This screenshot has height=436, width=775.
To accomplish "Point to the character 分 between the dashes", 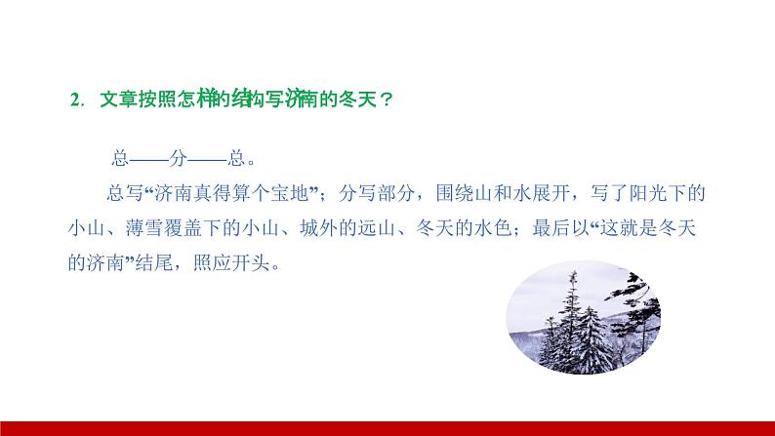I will pyautogui.click(x=182, y=158).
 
